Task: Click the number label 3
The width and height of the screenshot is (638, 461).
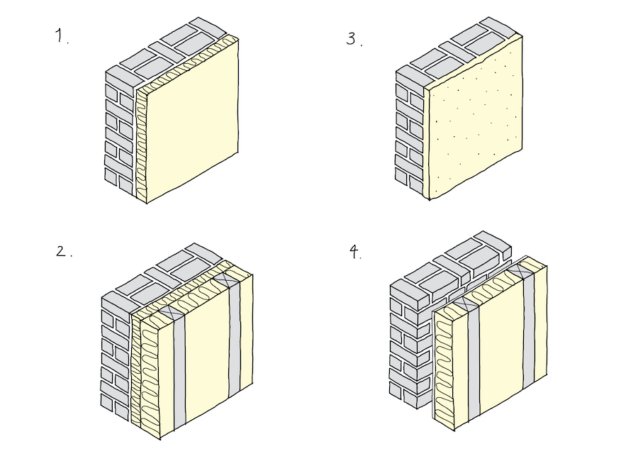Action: coord(352,39)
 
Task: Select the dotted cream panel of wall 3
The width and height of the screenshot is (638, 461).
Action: coord(475,121)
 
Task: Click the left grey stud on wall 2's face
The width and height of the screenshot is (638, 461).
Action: coord(179,369)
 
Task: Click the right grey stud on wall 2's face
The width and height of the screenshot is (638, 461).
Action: coord(235,333)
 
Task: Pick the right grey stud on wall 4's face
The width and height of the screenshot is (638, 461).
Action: coord(528,330)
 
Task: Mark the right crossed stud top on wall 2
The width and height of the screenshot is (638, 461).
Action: coord(231,277)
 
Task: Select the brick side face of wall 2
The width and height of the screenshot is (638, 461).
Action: coord(115,355)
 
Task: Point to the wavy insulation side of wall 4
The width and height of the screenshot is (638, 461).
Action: coord(445,369)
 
